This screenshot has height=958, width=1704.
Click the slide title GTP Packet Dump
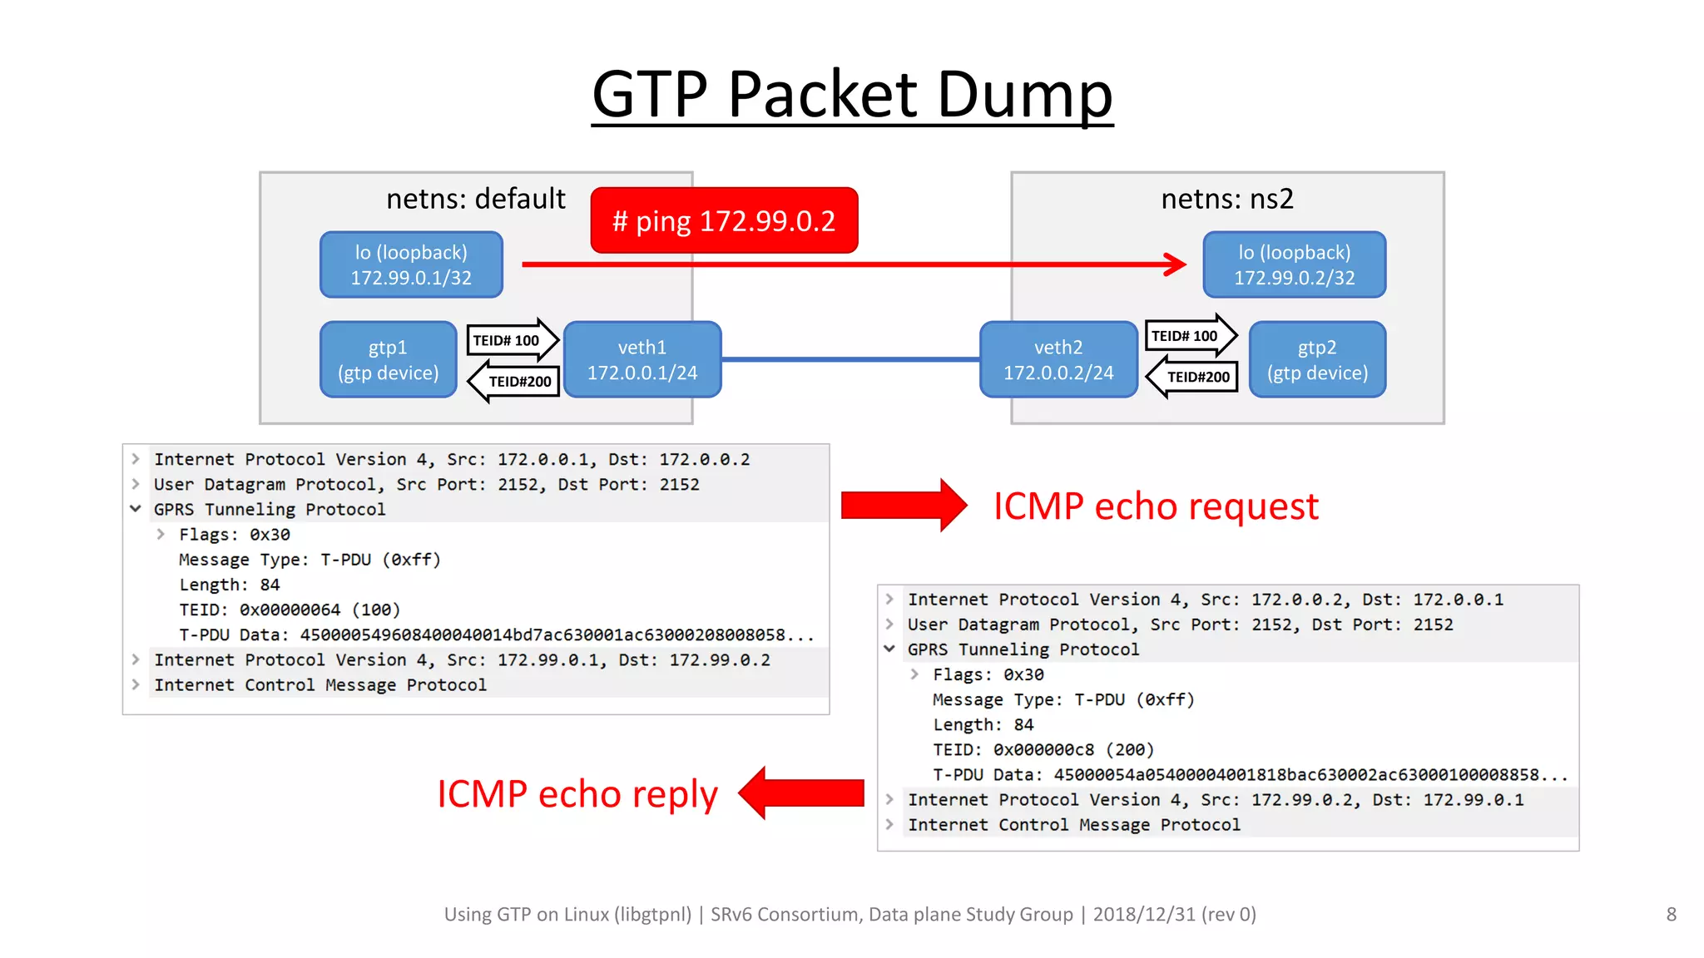point(852,93)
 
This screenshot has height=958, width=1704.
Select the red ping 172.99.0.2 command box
point(724,220)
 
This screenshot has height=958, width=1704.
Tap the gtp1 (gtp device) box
point(388,359)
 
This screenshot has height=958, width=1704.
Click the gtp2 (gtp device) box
point(1317,359)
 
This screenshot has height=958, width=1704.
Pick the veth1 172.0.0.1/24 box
point(641,359)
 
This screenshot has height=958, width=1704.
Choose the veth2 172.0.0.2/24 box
point(1058,359)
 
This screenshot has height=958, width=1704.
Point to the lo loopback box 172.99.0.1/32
point(411,264)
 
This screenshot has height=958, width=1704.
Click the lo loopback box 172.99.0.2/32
point(1294,264)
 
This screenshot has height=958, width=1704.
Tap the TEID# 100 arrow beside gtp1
point(509,340)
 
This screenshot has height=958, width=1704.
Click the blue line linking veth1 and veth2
point(850,359)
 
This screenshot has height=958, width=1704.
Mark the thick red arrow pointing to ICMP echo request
point(903,505)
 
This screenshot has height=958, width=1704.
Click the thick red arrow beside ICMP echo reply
point(803,793)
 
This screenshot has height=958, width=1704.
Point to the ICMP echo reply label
point(577,793)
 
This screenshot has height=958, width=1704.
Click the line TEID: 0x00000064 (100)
point(290,610)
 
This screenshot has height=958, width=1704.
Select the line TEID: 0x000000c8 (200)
point(1043,749)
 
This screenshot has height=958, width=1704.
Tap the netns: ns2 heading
point(1226,199)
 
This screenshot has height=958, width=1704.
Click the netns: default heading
point(475,199)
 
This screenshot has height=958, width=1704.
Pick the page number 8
point(1671,914)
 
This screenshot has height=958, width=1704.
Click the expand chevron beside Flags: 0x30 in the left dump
point(161,534)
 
